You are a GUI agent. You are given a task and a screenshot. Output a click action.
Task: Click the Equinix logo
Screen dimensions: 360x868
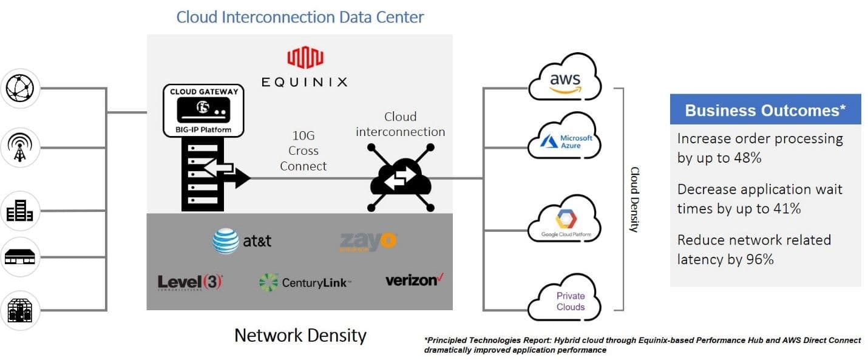(x=305, y=68)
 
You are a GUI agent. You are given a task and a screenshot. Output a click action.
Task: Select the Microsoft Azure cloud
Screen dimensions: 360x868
(x=565, y=140)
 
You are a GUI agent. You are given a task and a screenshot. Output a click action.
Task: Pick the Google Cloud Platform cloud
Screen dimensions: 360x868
(x=565, y=222)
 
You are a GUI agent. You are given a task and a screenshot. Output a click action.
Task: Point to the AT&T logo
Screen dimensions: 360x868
(x=242, y=241)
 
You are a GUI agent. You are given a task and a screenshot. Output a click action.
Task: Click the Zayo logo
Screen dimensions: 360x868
(x=368, y=241)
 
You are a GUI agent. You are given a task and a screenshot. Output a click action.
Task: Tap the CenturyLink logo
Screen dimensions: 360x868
(x=305, y=282)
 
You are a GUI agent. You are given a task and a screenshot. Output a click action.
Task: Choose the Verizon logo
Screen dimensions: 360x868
(x=415, y=280)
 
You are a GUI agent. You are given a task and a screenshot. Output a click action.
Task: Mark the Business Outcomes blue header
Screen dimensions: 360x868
(x=765, y=110)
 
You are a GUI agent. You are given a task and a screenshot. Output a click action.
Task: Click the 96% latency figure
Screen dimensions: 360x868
(x=759, y=259)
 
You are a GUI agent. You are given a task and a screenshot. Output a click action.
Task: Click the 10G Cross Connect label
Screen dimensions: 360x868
(x=303, y=151)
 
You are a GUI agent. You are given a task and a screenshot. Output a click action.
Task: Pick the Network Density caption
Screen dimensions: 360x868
(x=300, y=335)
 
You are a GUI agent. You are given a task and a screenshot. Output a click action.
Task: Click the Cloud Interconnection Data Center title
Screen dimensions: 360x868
(x=300, y=16)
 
